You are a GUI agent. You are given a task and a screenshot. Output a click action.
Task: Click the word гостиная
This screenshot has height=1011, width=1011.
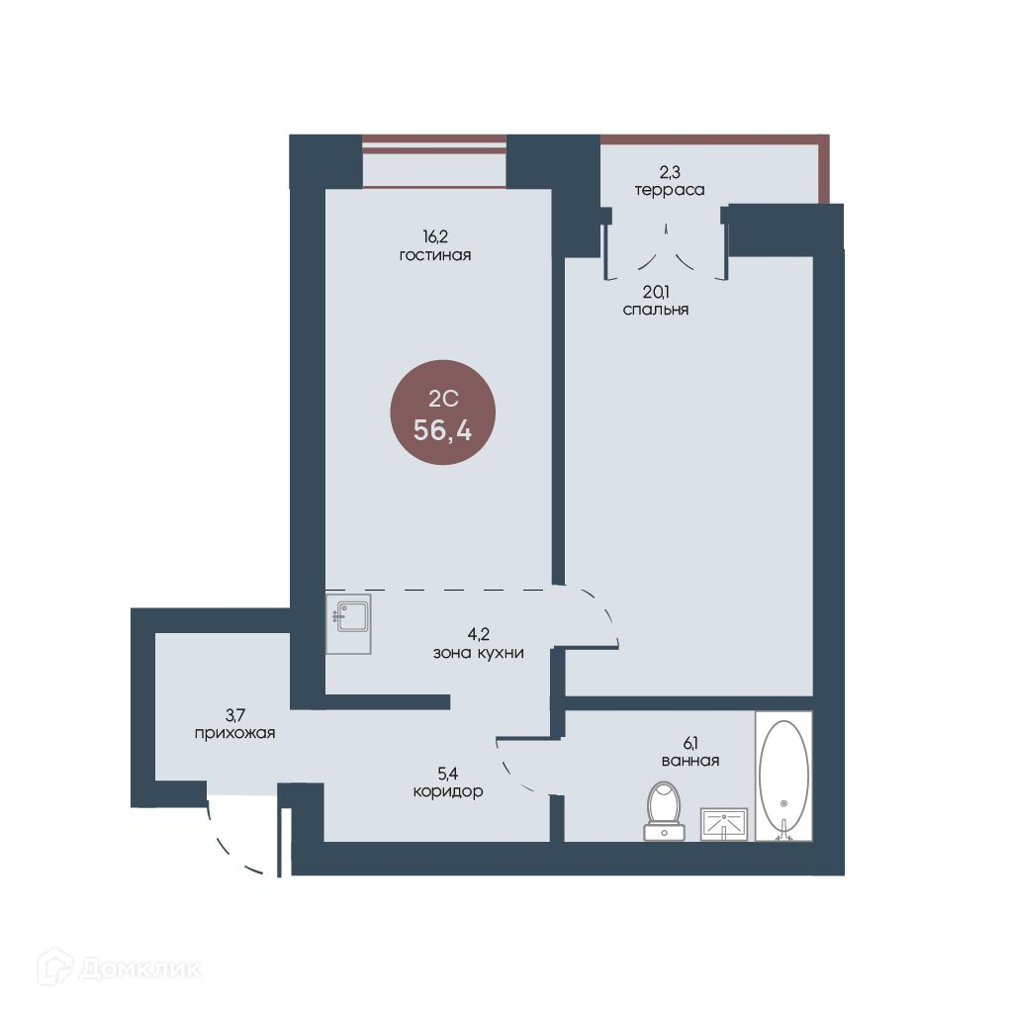(x=435, y=255)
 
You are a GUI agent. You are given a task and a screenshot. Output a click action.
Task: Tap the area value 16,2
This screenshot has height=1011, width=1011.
(x=435, y=236)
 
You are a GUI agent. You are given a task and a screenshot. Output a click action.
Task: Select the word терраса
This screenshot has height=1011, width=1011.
(x=670, y=190)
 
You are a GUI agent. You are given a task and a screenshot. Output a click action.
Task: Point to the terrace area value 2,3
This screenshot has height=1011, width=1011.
(x=670, y=171)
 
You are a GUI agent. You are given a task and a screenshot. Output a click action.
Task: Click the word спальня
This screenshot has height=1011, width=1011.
(x=656, y=310)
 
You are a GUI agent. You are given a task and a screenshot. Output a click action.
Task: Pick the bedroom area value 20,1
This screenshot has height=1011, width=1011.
(x=656, y=292)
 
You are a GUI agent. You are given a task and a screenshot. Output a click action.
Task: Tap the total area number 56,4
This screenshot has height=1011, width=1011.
(x=443, y=430)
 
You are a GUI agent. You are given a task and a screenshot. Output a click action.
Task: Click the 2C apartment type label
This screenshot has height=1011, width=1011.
(x=443, y=399)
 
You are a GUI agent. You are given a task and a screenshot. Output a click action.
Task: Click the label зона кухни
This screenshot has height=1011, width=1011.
(x=478, y=653)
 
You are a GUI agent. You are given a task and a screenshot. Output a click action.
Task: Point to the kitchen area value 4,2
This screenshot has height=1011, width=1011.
(x=479, y=634)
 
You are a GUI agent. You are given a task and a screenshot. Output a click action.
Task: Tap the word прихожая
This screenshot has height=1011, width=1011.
(x=234, y=733)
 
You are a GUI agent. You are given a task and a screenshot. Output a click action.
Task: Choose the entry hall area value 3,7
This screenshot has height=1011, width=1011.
(x=235, y=715)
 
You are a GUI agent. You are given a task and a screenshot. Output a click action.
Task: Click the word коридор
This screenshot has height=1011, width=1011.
(x=448, y=791)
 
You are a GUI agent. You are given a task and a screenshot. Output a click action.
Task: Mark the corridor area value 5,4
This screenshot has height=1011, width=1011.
(x=448, y=773)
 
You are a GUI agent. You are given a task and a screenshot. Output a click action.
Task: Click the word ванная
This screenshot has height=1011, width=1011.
(x=690, y=761)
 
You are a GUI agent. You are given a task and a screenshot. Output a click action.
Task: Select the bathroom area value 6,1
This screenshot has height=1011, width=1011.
(x=690, y=743)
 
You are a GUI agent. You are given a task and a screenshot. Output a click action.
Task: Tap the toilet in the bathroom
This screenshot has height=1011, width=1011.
(x=664, y=811)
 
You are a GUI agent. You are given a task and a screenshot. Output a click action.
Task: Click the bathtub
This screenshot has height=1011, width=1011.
(x=783, y=776)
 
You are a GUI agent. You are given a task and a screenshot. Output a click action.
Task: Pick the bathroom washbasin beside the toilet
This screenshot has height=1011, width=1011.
(x=724, y=824)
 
